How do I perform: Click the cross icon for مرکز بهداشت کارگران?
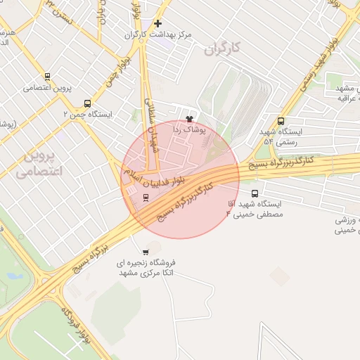pos(158,23)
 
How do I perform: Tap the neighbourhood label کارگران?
pos(221,49)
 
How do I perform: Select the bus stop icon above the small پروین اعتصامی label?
pos(48,77)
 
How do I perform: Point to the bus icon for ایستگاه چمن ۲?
pos(87,103)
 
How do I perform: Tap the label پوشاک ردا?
pos(188,129)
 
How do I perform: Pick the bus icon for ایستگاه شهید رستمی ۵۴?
pos(282,120)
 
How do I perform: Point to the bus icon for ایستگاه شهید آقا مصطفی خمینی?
pos(255,193)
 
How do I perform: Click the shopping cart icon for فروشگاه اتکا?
pos(146,252)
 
